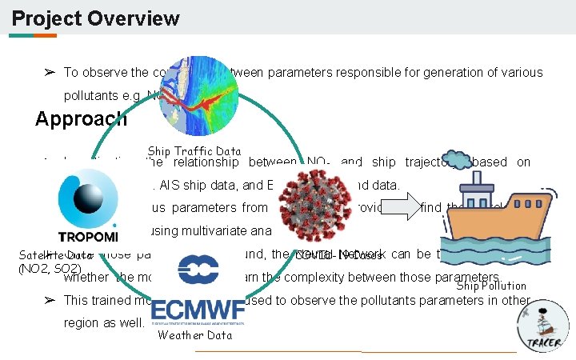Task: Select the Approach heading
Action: click(81, 119)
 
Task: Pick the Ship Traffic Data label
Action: click(194, 150)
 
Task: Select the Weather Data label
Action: click(195, 335)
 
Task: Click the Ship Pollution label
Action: click(491, 286)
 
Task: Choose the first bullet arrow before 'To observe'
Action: click(49, 73)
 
